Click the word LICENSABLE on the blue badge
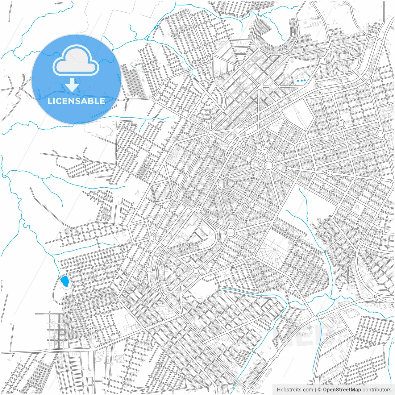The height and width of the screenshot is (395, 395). [x=76, y=101]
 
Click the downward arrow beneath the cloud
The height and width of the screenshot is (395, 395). [x=72, y=85]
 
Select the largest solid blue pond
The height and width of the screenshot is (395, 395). [x=64, y=281]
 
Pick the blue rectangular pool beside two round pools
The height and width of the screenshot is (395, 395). [x=298, y=81]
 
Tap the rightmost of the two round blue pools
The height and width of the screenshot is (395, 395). [x=305, y=80]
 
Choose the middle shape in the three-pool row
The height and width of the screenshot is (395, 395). [x=301, y=81]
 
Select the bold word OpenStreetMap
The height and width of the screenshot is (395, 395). [x=342, y=390]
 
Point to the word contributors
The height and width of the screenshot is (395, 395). [x=377, y=390]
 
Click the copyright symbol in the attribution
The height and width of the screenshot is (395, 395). [x=320, y=390]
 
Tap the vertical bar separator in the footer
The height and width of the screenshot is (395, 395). [x=315, y=390]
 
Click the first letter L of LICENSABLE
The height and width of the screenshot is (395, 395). [x=49, y=101]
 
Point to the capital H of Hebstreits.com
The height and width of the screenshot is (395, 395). [x=279, y=390]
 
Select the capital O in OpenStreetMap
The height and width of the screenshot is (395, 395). [x=325, y=390]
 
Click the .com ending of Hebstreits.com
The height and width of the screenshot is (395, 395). [x=308, y=390]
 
